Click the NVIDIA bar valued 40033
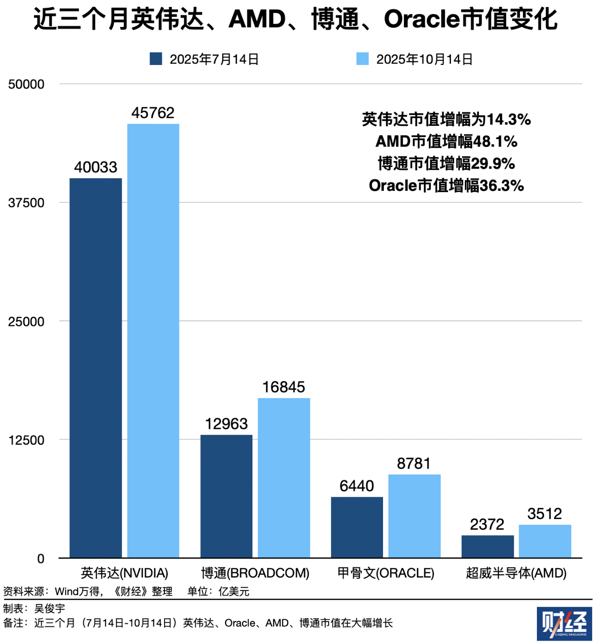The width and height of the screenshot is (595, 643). (96, 368)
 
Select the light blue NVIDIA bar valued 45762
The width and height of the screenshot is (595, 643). (153, 341)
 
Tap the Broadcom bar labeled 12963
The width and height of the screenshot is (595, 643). (226, 496)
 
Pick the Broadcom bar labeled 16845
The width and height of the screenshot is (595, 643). (284, 478)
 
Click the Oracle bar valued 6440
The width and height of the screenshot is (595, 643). (357, 527)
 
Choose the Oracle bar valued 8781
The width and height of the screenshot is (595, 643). (414, 516)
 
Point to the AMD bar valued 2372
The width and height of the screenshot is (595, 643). (488, 546)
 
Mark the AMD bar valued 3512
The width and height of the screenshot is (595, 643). (545, 541)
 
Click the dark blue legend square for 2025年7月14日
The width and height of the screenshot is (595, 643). (156, 59)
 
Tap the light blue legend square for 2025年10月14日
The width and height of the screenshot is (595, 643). (363, 59)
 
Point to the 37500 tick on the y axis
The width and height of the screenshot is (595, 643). (26, 203)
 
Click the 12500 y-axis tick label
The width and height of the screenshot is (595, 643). (26, 440)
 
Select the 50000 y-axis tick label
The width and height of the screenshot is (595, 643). (26, 84)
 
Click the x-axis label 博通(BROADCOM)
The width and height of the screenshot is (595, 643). (255, 573)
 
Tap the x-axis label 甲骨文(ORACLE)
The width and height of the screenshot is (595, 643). (386, 573)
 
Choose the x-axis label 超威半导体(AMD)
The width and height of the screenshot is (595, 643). (516, 573)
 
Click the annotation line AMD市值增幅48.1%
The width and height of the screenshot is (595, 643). (446, 141)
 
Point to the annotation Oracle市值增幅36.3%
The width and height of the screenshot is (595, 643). (446, 186)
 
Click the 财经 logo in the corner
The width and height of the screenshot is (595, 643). (564, 624)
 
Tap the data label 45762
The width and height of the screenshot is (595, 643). (153, 113)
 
